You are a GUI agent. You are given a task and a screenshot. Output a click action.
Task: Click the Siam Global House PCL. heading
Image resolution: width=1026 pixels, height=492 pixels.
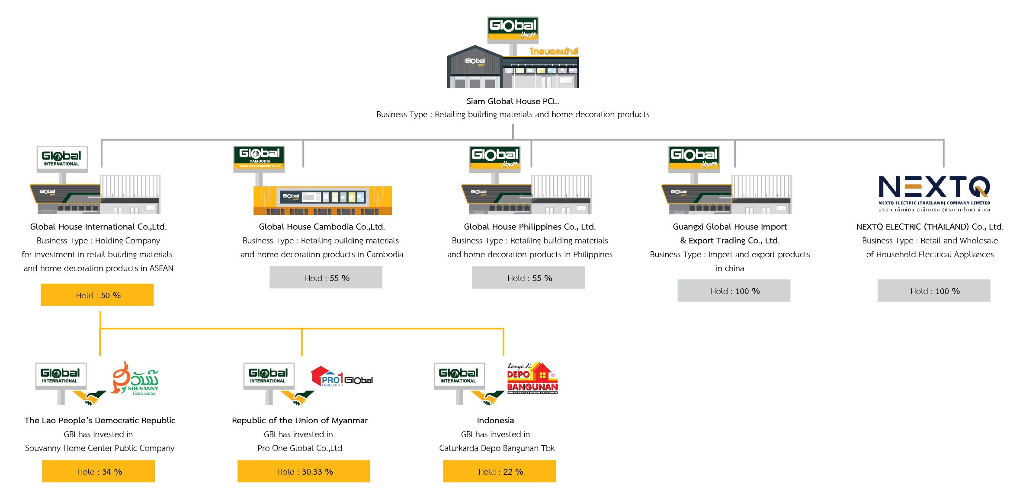[513, 101]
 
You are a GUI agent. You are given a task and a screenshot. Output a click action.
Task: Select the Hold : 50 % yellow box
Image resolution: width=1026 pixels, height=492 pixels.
[97, 295]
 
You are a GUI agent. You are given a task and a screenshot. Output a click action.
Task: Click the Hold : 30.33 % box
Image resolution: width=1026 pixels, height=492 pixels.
[304, 471]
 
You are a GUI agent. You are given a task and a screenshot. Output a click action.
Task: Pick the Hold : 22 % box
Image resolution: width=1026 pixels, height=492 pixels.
[499, 471]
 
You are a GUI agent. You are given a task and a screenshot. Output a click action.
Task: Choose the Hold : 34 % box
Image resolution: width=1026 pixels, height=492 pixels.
[99, 471]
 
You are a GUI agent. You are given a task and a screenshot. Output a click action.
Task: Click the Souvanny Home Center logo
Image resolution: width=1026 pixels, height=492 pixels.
[135, 379]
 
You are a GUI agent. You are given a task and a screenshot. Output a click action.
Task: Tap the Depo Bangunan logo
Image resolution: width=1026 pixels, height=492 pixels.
[532, 379]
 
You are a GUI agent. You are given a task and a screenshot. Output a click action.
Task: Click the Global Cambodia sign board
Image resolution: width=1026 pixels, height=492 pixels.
[259, 158]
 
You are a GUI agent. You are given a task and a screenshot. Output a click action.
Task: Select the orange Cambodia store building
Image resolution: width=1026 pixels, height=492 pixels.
[323, 200]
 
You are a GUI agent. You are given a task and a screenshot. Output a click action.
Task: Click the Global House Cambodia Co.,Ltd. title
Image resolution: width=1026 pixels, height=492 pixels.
[322, 227]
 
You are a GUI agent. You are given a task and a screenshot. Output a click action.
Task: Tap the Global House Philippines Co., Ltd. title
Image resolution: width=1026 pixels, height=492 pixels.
[529, 227]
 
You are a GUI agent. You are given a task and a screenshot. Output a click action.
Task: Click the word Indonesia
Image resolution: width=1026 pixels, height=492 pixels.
[495, 420]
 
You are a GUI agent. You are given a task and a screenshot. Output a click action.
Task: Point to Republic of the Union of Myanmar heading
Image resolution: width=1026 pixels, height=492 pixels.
[300, 420]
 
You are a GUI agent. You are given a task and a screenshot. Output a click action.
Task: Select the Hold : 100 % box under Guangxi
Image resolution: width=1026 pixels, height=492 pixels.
[734, 291]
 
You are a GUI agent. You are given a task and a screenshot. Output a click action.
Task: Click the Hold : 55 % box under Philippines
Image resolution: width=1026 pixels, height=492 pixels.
[529, 278]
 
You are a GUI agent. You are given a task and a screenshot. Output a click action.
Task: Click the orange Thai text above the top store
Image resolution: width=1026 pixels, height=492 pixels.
[554, 51]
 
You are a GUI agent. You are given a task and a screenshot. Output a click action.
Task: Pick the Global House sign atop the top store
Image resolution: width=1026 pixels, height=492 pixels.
[513, 28]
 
